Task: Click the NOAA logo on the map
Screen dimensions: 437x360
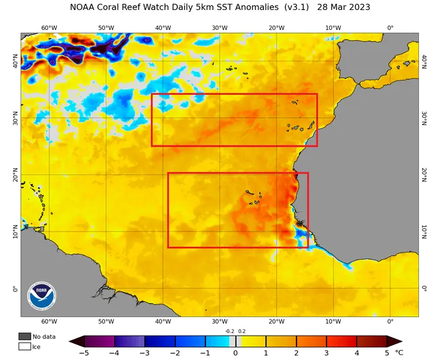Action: (42, 296)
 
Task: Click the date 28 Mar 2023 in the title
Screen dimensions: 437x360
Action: (343, 7)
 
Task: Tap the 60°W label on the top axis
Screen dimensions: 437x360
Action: (49, 28)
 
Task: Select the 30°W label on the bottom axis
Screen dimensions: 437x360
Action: (220, 321)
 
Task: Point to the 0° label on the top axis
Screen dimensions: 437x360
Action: (390, 28)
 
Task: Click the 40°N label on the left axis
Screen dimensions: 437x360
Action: (16, 61)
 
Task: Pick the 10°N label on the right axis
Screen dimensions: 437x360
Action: (424, 231)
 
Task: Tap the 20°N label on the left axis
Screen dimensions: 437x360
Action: (16, 175)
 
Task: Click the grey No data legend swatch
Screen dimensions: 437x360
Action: (24, 336)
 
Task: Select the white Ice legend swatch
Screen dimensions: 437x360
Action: (24, 347)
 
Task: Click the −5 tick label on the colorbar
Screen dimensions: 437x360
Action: (84, 353)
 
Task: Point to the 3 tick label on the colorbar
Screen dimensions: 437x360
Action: (327, 353)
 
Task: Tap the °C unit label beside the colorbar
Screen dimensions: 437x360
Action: (399, 353)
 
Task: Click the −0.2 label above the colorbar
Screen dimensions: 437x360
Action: (230, 331)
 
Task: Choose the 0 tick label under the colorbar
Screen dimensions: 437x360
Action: (235, 353)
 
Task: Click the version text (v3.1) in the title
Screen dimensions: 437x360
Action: (297, 7)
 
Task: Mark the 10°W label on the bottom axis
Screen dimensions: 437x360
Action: (333, 321)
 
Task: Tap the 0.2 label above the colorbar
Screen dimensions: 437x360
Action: (242, 331)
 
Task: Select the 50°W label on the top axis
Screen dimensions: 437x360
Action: (106, 28)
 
